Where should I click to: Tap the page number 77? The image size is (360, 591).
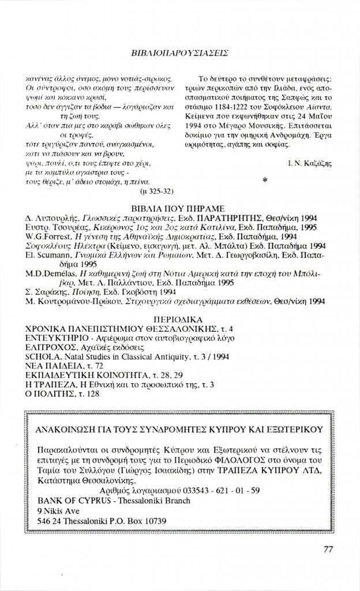pos(328,549)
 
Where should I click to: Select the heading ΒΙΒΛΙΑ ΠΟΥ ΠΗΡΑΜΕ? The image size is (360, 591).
pos(178,208)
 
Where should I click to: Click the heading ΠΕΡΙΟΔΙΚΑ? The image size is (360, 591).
pos(178,318)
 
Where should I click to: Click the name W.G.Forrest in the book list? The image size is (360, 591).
pos(50,236)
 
